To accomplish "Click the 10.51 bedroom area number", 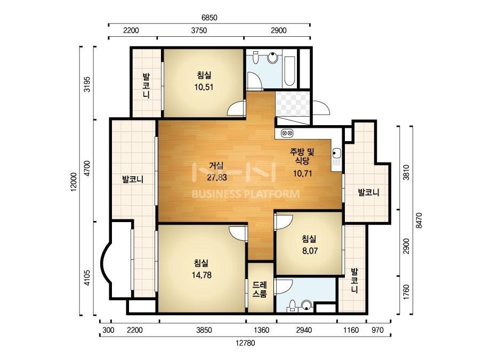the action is coord(204,87).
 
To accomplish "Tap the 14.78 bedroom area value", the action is coord(201,275).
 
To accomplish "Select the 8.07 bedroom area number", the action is coord(310,251).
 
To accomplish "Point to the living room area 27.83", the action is coord(216,177).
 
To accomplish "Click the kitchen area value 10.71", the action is coord(302,174).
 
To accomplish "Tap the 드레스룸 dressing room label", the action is coord(260,289).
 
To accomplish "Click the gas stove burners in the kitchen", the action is coord(287,133).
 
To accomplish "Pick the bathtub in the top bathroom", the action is coord(289,72).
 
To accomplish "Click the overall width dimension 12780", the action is coord(245,343).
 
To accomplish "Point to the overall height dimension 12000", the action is coord(74,182).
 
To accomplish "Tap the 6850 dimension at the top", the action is coord(209,18).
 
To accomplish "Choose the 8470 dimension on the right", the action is coord(419,220).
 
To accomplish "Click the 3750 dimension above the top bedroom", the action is coord(199,30).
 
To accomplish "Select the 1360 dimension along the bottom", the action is coord(261,330).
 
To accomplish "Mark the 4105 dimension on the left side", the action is coord(87,278).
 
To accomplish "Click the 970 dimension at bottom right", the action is coord(377,330).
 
